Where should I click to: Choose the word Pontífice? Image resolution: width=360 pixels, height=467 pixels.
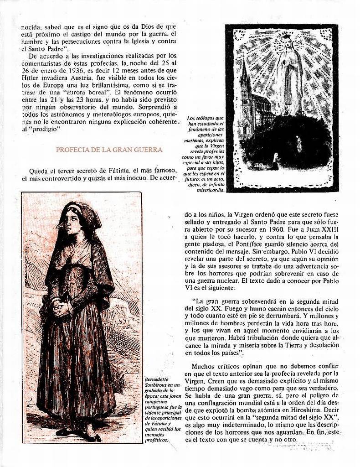[x=243, y=245]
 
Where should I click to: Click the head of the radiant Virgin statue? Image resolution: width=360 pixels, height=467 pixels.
[x=288, y=43]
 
